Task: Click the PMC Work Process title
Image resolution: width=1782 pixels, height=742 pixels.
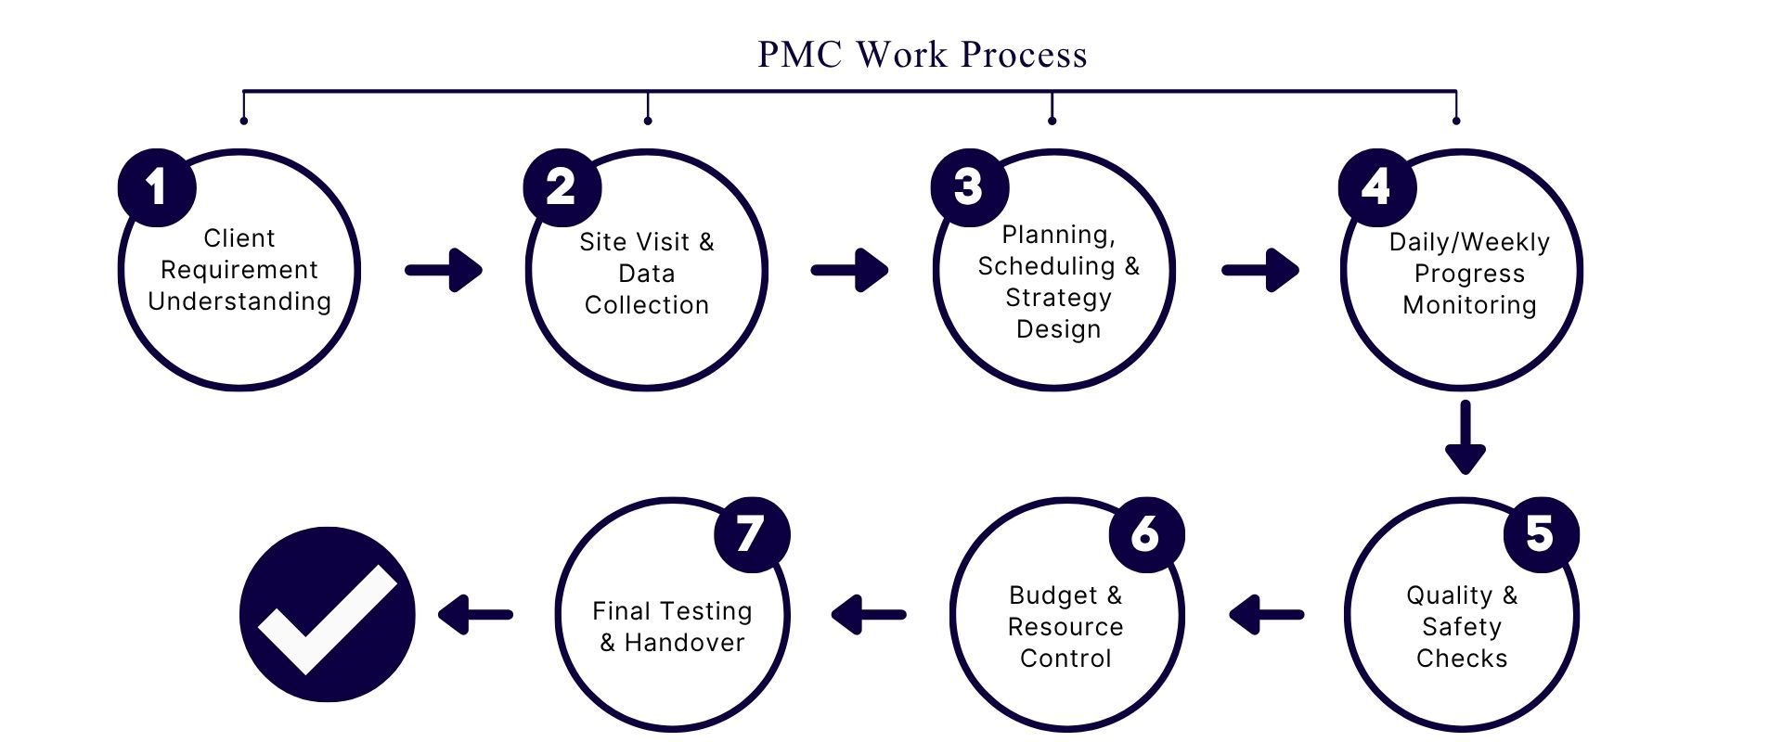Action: (x=922, y=55)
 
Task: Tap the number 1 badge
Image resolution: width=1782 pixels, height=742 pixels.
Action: (x=157, y=187)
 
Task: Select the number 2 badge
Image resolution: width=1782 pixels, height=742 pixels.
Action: (x=562, y=187)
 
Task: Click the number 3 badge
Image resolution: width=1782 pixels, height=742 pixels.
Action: (x=969, y=187)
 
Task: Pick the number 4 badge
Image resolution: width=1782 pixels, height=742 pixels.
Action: (x=1376, y=187)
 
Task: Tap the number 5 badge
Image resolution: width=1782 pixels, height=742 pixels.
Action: (x=1541, y=534)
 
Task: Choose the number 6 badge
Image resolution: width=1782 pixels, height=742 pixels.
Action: (x=1146, y=534)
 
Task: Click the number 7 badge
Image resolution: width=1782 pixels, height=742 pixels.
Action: (x=751, y=534)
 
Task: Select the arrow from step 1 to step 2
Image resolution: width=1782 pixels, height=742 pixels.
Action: (x=445, y=270)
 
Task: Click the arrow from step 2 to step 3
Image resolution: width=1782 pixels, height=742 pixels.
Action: (x=850, y=270)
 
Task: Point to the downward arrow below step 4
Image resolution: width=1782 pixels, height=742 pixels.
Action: (x=1466, y=437)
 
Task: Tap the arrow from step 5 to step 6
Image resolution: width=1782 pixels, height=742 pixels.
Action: (x=1266, y=614)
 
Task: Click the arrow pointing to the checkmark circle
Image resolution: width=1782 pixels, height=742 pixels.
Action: (x=475, y=614)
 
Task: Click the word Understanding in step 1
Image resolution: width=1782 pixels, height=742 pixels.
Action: (x=239, y=301)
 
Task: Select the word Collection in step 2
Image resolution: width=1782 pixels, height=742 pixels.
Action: (x=647, y=305)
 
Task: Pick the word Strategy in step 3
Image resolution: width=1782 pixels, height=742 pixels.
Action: (x=1058, y=298)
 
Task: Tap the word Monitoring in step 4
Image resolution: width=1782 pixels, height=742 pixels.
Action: (x=1469, y=305)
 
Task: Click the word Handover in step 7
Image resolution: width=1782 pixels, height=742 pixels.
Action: (x=684, y=643)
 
